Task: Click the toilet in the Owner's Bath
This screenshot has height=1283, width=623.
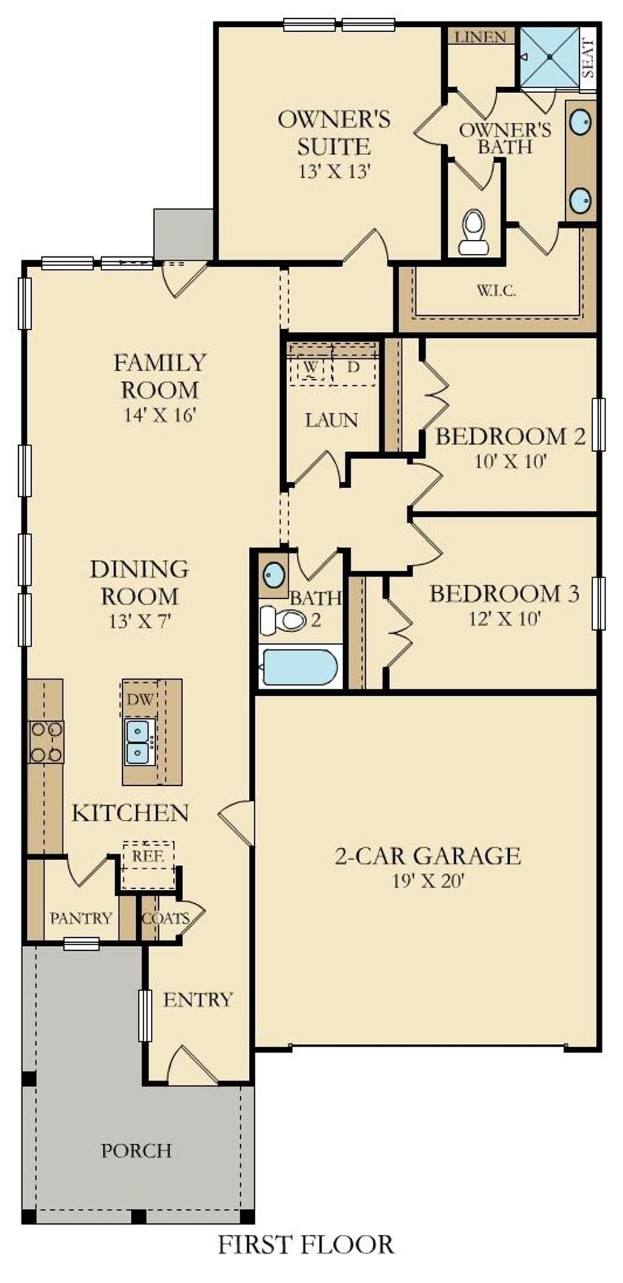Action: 473,232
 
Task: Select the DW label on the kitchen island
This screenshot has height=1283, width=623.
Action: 139,699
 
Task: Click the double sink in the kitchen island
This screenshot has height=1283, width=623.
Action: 139,742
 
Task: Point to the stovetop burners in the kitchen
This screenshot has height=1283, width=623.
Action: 46,742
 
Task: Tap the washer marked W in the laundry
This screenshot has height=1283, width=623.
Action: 310,368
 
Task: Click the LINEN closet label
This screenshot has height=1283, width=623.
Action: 481,37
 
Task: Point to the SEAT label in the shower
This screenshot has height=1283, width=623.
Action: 588,58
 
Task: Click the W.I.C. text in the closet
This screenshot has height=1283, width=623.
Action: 496,290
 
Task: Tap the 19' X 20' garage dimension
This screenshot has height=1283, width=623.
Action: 428,881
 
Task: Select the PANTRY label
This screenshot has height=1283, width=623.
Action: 81,918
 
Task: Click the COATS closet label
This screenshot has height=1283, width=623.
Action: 165,918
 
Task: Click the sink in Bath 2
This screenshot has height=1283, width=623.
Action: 273,573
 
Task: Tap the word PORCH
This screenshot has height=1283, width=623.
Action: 136,1151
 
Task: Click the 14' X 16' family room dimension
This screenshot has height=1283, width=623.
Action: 159,415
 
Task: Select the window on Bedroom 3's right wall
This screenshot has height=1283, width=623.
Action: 599,603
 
